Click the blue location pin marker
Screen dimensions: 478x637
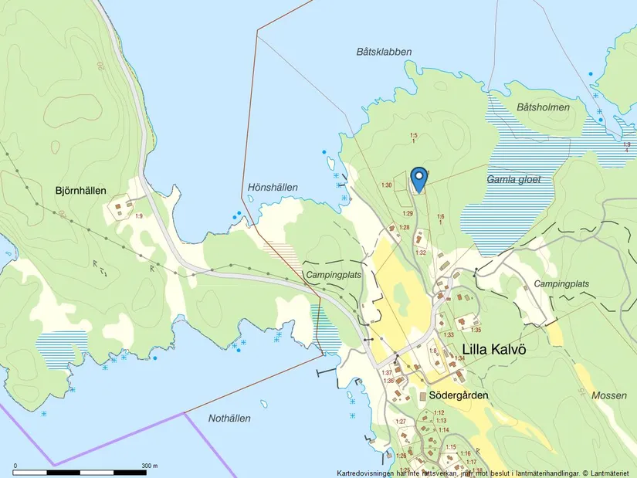click(418, 178)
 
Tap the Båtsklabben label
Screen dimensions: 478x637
click(384, 52)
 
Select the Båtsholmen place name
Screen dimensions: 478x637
click(543, 107)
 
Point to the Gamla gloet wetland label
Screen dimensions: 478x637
click(513, 179)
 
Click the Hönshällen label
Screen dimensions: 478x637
click(273, 188)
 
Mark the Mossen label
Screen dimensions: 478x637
click(609, 395)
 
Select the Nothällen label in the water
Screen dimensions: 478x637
click(229, 418)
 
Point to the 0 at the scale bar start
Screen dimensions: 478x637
click(15, 466)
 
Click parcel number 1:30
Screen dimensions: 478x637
click(388, 185)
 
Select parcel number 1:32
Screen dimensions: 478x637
click(421, 253)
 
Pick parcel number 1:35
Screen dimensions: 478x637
click(476, 330)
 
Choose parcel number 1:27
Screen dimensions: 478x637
click(401, 422)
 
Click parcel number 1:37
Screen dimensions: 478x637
click(387, 372)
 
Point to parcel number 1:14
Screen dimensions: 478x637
click(443, 429)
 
